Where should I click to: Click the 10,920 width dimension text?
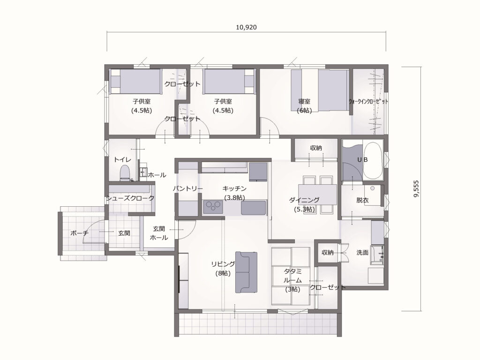(246, 27)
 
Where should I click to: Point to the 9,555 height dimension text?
(416, 188)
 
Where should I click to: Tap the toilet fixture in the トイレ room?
(125, 172)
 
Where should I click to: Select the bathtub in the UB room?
(373, 161)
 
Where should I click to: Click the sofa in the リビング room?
(246, 272)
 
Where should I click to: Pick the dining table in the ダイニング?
(317, 194)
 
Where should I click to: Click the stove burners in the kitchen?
(212, 207)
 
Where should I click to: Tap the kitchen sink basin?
(253, 208)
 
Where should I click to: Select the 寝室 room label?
(304, 101)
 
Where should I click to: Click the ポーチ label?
(80, 233)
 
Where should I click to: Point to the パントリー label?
(187, 188)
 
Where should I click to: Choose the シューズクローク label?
(130, 198)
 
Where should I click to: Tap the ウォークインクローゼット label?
(368, 102)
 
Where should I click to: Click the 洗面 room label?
(362, 253)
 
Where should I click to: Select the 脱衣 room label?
(362, 200)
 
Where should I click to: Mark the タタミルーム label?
(292, 276)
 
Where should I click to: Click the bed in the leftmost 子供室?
(135, 82)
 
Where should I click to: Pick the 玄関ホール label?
(159, 233)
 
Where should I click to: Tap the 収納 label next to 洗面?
(328, 253)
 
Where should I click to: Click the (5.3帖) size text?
(304, 210)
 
